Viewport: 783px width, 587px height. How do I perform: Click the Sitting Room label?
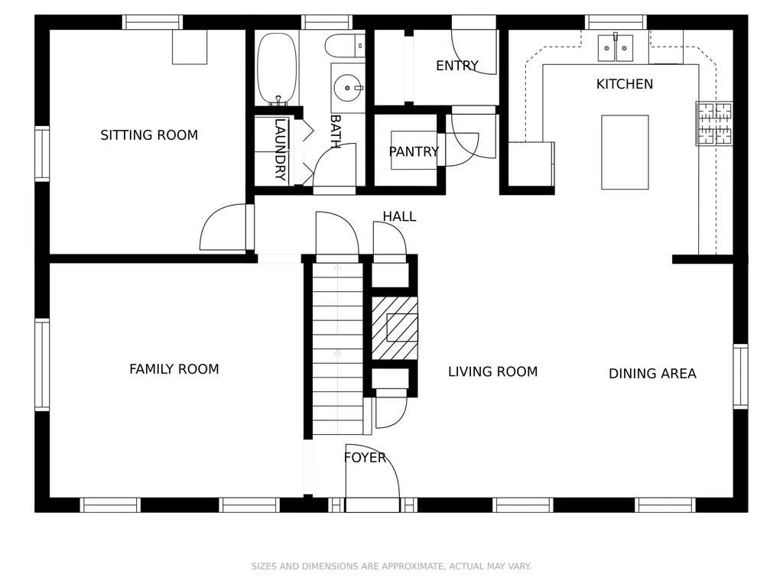coord(149,135)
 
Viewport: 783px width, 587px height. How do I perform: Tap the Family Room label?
coord(174,369)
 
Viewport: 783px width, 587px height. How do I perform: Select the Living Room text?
coord(493,372)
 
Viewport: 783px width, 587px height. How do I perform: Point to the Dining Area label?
coord(652,373)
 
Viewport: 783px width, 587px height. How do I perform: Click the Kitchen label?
coord(625,84)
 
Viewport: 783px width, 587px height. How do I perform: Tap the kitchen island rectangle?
coord(625,152)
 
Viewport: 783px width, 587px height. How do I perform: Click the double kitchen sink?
coord(616,47)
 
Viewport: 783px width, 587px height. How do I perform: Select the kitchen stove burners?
coord(715,123)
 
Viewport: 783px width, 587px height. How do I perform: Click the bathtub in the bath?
coord(277,69)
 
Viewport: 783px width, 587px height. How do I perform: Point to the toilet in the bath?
coord(345,46)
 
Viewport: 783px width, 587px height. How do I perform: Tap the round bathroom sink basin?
coord(347,88)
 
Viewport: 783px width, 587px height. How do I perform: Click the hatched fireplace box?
coord(395,328)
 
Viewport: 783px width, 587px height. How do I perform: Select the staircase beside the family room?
coord(337,349)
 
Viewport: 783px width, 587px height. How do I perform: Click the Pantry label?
coord(414,151)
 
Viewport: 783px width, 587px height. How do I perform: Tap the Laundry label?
coord(281,149)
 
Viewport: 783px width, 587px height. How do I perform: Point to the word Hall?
coord(399,216)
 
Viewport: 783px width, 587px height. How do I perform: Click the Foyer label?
coord(365,458)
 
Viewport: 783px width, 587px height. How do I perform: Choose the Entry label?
coord(457,66)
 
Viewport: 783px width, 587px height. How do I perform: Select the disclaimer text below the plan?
coord(391,566)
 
